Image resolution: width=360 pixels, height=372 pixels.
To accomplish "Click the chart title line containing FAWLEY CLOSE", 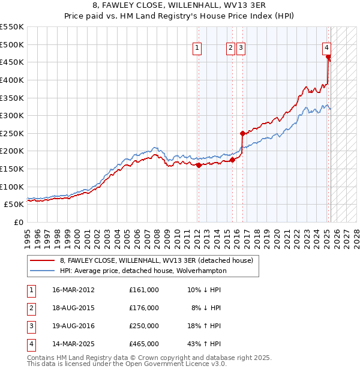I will tap(179, 6).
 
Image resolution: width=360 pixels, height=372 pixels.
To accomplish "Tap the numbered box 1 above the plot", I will tap(197, 49).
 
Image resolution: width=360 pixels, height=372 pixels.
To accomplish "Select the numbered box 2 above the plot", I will tap(230, 49).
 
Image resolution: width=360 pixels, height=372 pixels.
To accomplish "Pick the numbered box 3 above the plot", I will tap(241, 49).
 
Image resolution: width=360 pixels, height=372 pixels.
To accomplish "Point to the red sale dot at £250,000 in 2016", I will tap(242, 134).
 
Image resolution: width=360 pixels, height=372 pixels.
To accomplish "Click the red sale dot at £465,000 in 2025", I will tap(329, 58).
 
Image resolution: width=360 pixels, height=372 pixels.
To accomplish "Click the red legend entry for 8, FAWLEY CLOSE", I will tap(156, 260).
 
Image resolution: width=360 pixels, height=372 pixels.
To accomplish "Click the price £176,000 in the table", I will tap(144, 308).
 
